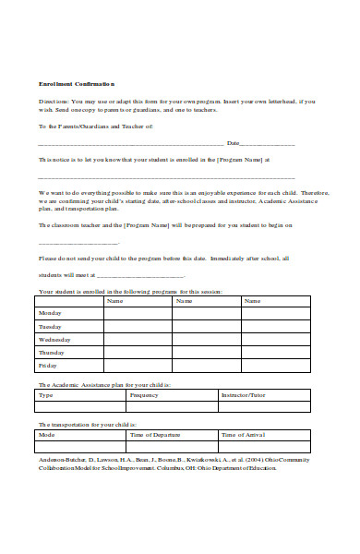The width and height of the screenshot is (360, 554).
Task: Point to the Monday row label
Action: tap(50, 313)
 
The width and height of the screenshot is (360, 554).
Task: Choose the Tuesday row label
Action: tap(50, 326)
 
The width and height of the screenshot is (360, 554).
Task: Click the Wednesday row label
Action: tap(54, 339)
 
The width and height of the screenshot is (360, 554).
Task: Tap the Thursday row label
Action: tap(52, 352)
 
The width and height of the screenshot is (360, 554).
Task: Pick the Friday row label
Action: tap(47, 365)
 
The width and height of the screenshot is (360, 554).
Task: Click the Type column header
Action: tap(45, 394)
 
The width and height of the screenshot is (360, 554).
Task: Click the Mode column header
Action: tap(46, 434)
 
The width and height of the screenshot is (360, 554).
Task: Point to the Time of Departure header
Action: tap(155, 434)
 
